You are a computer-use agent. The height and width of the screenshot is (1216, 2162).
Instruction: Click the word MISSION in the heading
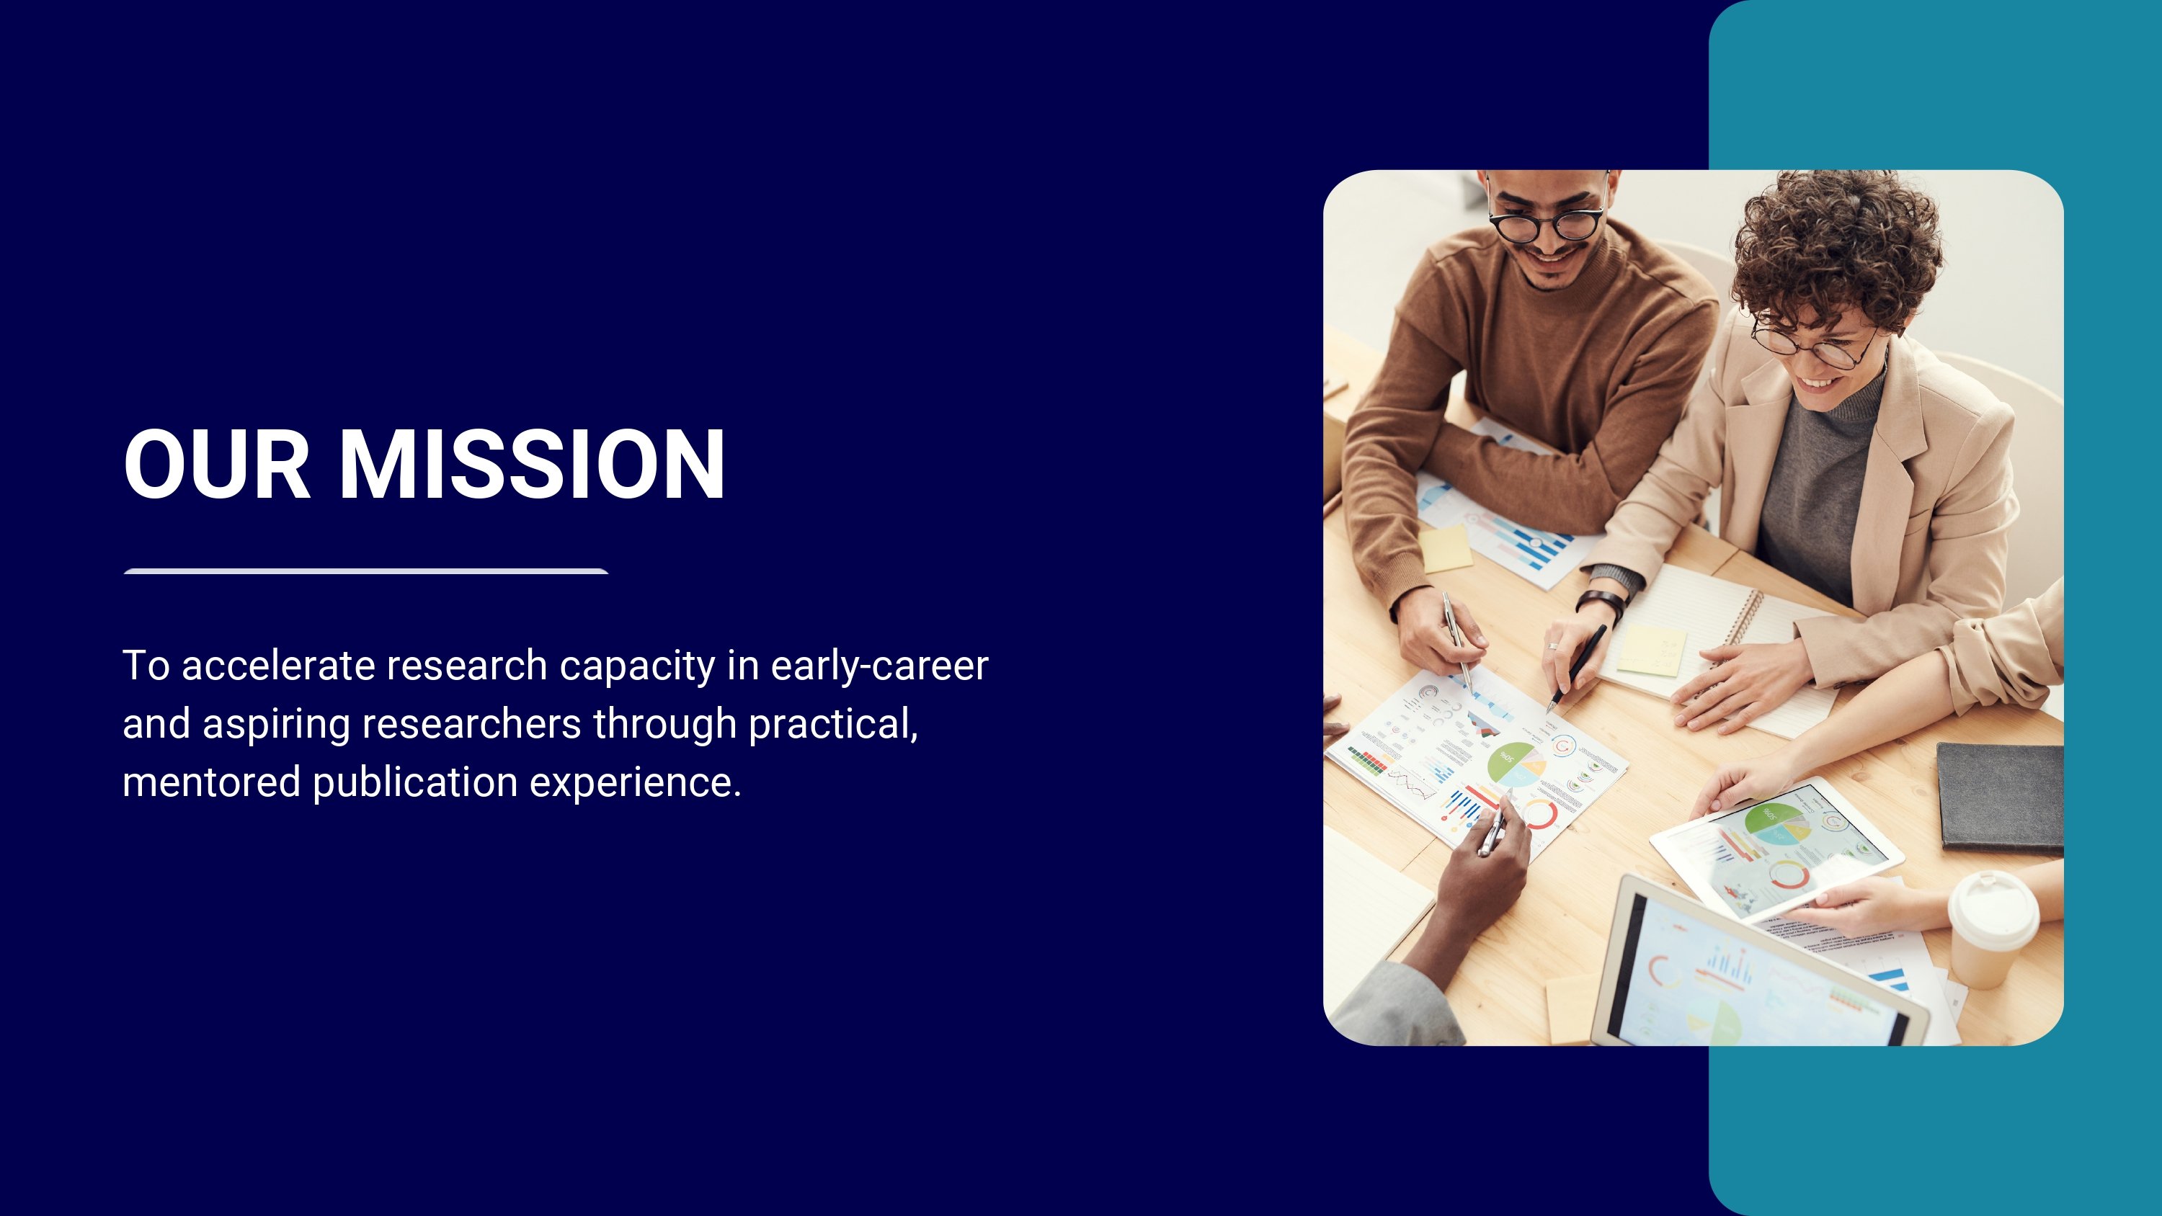[531, 464]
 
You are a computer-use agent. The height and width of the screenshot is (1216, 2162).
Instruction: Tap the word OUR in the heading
[218, 464]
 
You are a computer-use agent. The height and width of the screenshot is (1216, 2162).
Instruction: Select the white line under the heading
[366, 571]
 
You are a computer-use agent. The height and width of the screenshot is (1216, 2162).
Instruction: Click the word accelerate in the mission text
[279, 666]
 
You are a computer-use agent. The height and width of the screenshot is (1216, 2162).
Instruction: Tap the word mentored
[211, 782]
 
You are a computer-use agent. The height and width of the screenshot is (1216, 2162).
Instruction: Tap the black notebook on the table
[2000, 797]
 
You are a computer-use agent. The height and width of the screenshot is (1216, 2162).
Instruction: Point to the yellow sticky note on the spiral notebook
[1651, 651]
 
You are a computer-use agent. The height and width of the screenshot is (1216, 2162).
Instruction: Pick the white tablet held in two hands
[1776, 849]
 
